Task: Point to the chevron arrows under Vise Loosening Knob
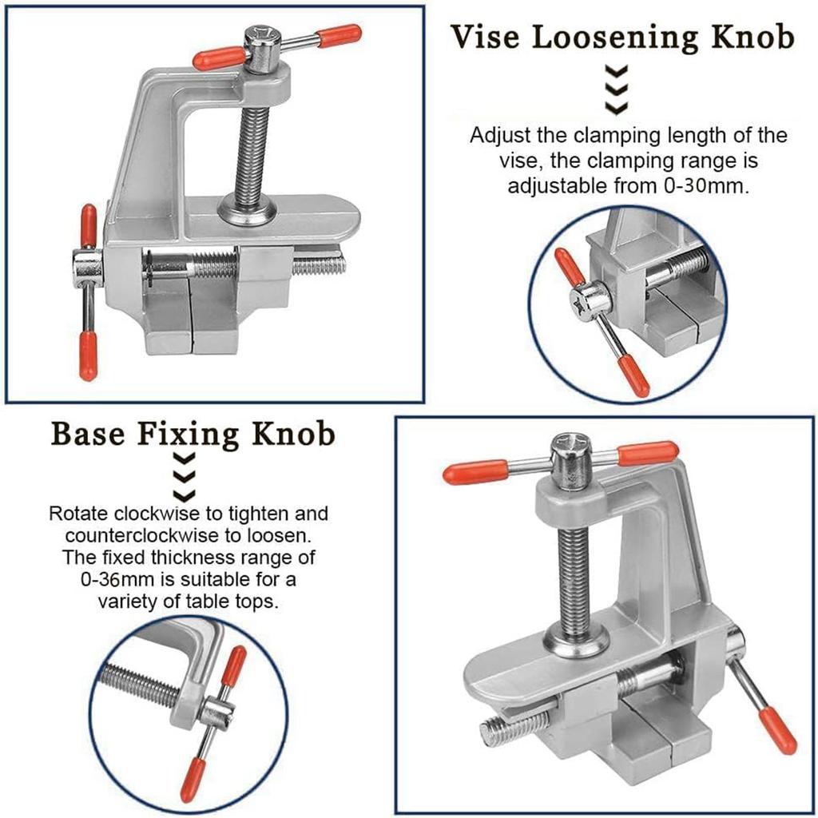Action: click(x=616, y=89)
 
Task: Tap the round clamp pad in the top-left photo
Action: click(x=248, y=212)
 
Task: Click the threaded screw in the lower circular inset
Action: click(x=141, y=685)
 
